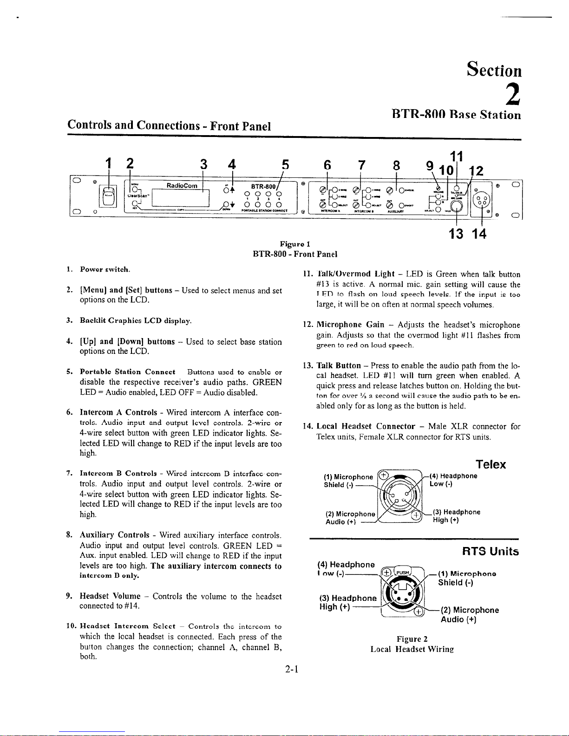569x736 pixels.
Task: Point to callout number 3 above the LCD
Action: [203, 165]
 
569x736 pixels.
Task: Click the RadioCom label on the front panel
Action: [182, 185]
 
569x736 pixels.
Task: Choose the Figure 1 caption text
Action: [295, 244]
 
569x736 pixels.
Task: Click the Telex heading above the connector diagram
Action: [491, 464]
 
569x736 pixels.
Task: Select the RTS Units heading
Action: [491, 551]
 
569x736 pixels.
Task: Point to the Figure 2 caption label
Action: [412, 639]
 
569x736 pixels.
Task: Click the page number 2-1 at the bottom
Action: [292, 670]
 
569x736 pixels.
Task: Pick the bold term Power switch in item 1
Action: [105, 269]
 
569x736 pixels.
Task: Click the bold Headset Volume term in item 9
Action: [110, 596]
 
